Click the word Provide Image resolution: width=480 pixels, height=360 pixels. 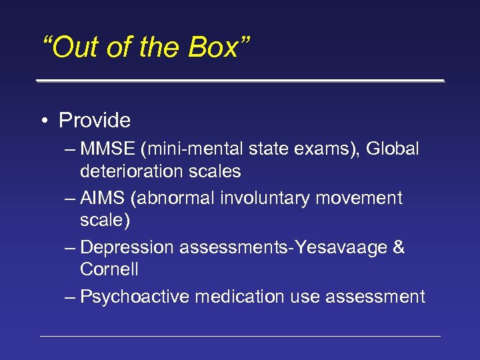tap(95, 121)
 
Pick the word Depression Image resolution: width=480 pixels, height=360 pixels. tap(127, 247)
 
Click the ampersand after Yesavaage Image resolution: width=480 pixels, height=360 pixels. tap(399, 247)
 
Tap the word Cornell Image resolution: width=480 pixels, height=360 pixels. tap(109, 269)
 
